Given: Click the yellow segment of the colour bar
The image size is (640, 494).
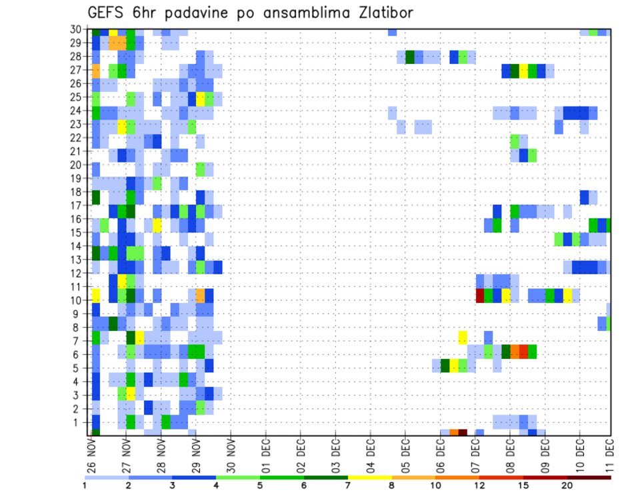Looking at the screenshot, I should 369,477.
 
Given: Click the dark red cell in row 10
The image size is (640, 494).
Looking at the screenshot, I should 480,295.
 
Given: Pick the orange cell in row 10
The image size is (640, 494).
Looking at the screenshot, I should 200,295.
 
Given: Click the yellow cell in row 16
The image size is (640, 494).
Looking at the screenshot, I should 157,225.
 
